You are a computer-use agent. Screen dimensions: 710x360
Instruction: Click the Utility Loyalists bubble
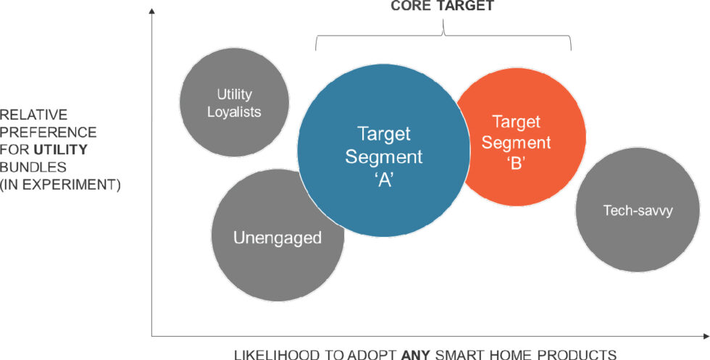235,103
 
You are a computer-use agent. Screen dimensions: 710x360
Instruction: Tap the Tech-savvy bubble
638,209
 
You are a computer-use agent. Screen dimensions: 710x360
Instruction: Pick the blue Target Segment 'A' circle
383,151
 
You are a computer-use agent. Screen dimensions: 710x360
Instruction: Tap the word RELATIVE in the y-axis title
34,114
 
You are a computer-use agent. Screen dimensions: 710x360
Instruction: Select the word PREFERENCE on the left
49,132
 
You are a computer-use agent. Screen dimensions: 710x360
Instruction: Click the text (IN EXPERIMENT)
60,185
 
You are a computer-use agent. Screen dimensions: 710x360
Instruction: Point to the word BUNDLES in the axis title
33,167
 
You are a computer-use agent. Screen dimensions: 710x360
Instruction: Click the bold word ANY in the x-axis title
416,354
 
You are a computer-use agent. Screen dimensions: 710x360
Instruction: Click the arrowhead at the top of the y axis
151,10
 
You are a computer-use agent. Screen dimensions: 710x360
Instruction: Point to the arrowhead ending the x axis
706,336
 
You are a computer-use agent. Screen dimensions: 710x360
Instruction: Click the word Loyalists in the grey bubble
234,112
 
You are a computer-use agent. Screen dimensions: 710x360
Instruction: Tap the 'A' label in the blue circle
384,180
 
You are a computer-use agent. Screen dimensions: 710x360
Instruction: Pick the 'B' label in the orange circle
516,163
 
